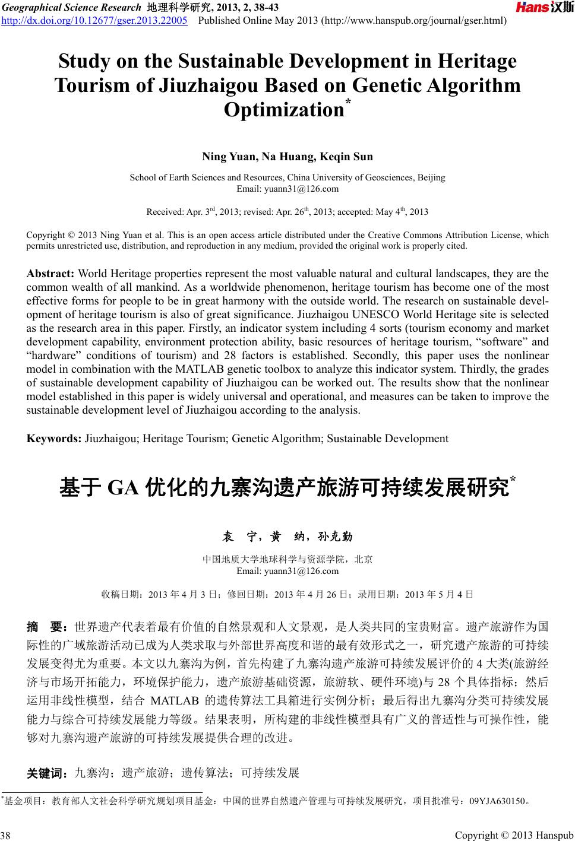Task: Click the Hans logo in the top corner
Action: tap(544, 7)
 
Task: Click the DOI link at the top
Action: tap(94, 21)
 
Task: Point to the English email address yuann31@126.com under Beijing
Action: tap(287, 189)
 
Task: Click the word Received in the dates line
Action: tap(164, 212)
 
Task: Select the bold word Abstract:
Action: tap(50, 274)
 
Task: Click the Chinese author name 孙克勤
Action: tap(335, 537)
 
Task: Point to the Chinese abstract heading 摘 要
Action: tap(49, 626)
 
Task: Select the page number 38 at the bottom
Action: tap(6, 836)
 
